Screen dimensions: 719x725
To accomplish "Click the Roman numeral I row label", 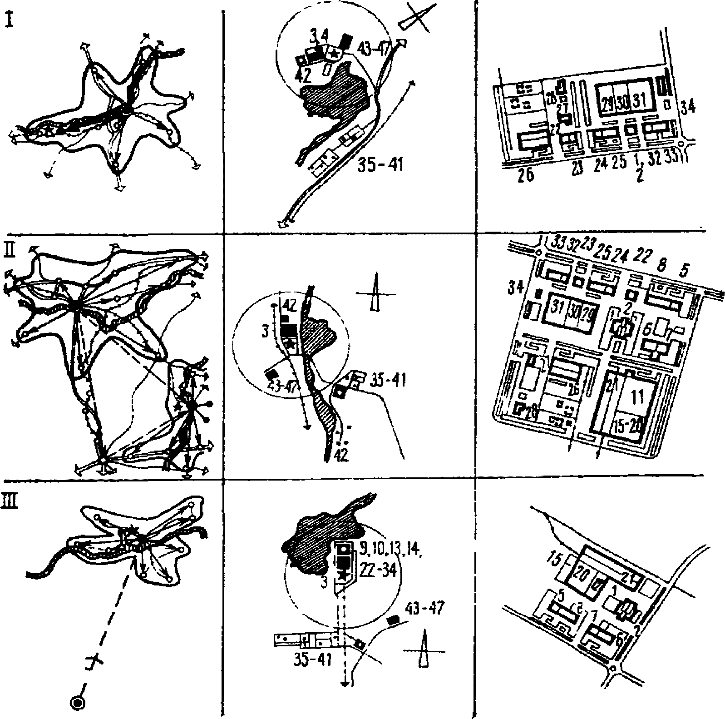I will click(x=10, y=20).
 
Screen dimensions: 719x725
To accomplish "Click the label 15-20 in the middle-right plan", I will click(x=629, y=427).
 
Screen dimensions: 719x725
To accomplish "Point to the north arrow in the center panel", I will click(x=375, y=295).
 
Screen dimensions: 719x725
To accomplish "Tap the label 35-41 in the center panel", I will click(x=387, y=379).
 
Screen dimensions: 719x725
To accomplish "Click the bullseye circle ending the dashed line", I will click(x=78, y=703).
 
